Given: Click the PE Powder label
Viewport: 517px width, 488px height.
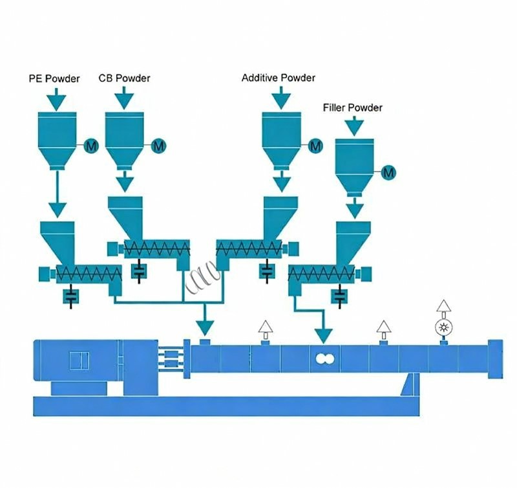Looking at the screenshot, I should (x=55, y=79).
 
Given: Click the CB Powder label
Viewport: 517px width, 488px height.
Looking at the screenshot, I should (x=125, y=78).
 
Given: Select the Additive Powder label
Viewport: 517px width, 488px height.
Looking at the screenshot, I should (x=279, y=78).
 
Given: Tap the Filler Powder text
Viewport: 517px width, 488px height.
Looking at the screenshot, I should (x=352, y=107).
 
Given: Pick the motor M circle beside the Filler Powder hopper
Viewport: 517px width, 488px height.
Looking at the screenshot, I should (x=388, y=172).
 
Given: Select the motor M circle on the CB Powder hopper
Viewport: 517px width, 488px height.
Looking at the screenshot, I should (x=158, y=147).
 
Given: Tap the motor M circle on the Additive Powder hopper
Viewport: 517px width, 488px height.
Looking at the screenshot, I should (x=315, y=147).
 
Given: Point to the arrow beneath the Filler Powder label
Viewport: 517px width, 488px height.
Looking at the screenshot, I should (x=352, y=126).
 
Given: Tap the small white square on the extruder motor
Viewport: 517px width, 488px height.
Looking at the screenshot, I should (x=78, y=359).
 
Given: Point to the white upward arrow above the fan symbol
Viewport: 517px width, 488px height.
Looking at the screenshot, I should (x=443, y=307).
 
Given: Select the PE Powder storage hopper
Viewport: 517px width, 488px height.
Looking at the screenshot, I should (x=58, y=139).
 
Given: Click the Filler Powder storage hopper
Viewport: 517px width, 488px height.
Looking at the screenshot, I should (x=353, y=165).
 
